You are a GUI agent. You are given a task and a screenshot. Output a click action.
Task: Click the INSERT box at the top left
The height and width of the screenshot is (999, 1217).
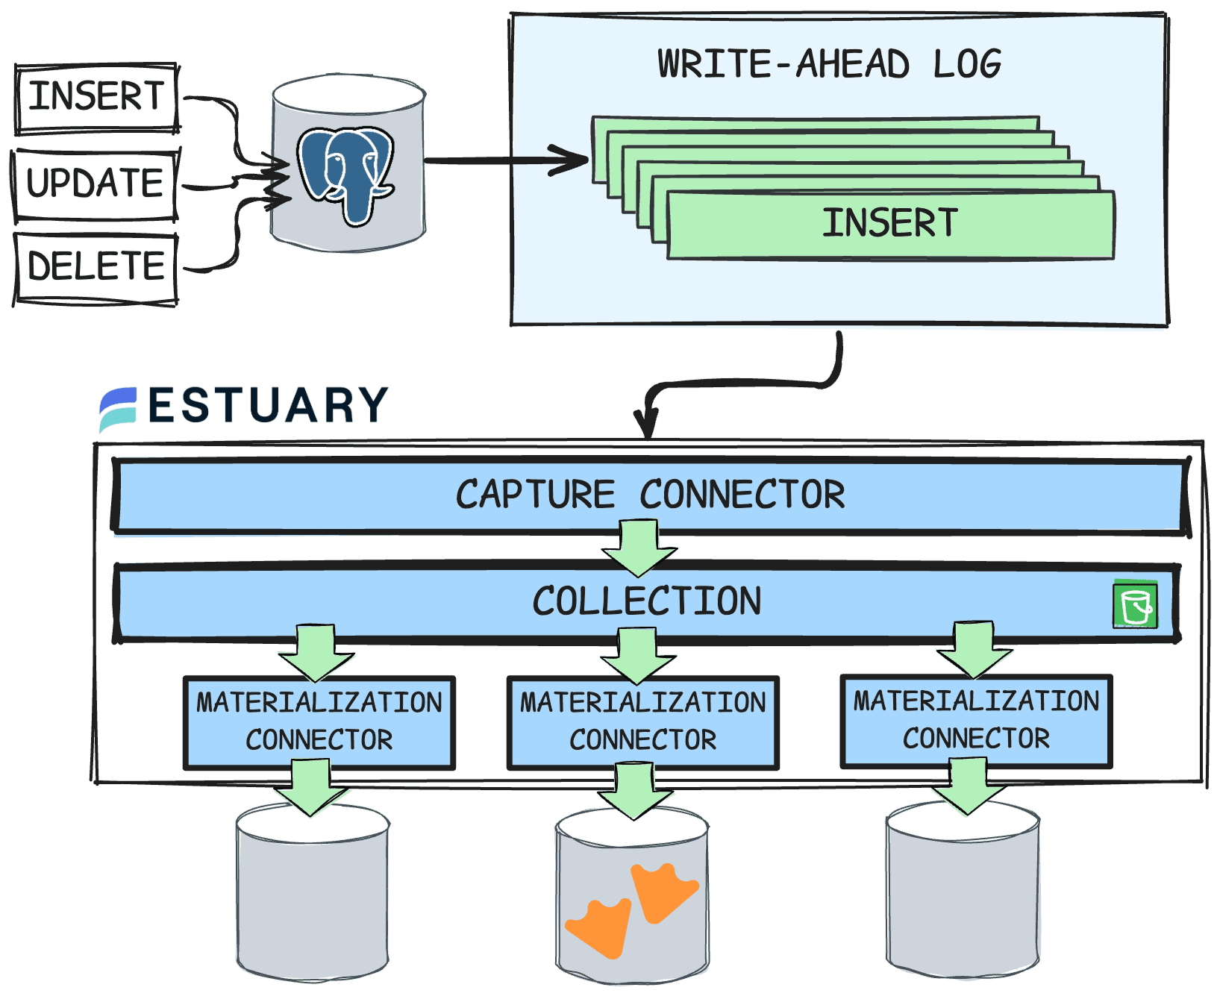pos(96,98)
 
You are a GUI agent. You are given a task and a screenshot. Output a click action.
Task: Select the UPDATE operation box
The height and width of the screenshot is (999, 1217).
pos(95,184)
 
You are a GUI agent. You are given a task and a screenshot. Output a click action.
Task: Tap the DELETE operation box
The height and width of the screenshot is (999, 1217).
pos(96,267)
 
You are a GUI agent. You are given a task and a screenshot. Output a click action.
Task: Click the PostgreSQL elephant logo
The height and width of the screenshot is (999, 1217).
pos(346,174)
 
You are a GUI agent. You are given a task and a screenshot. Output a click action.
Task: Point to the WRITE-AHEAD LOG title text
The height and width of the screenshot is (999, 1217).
pos(829,65)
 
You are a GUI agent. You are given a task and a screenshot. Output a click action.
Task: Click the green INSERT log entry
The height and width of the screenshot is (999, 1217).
pos(889,225)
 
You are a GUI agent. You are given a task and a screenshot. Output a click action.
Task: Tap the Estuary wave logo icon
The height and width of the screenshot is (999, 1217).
pos(118,409)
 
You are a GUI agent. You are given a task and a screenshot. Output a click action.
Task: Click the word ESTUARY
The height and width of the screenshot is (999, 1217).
pos(268,406)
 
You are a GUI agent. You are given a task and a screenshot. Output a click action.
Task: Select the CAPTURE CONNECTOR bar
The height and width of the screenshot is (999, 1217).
pos(649,495)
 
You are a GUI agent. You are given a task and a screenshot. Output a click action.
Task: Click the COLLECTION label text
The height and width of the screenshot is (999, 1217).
pos(646,601)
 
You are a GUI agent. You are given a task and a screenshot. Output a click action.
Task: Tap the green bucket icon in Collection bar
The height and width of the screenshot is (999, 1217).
pos(1135,604)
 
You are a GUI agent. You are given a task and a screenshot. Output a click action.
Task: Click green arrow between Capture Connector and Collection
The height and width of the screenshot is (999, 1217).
pos(639,548)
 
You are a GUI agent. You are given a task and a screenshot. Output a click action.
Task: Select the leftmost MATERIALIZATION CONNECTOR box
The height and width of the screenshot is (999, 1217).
pos(319,721)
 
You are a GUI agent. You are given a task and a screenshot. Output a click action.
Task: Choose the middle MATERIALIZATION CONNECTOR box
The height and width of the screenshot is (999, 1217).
pos(642,721)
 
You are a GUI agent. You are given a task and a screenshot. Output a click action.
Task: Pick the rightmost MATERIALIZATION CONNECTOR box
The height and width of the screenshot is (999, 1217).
pos(976,720)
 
